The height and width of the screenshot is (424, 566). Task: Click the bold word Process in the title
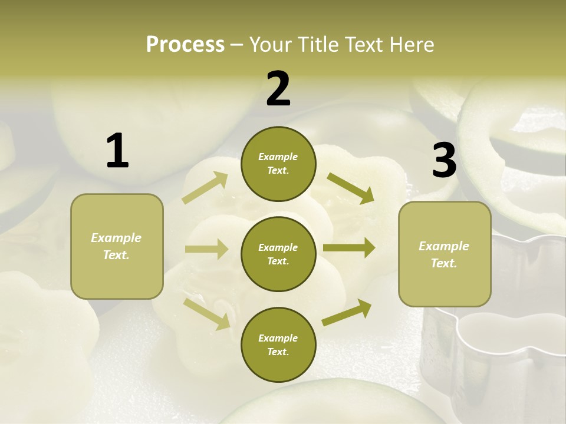pyautogui.click(x=185, y=45)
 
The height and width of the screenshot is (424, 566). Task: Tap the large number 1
pyautogui.click(x=117, y=151)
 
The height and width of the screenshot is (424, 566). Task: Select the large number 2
pyautogui.click(x=278, y=89)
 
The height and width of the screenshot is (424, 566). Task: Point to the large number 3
pyautogui.click(x=444, y=161)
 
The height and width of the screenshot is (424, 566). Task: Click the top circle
pyautogui.click(x=278, y=164)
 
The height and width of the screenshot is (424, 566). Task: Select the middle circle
pyautogui.click(x=278, y=254)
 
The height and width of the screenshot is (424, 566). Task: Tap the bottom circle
pyautogui.click(x=278, y=344)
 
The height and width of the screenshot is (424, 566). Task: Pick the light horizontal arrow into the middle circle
pyautogui.click(x=206, y=249)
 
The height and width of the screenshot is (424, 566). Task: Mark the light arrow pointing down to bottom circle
pyautogui.click(x=207, y=313)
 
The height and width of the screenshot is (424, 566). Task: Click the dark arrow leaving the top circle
pyautogui.click(x=350, y=188)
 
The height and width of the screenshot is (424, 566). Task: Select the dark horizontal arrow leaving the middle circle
pyautogui.click(x=349, y=248)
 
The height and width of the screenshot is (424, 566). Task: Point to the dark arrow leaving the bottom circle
pyautogui.click(x=347, y=313)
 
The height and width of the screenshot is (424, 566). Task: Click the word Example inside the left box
pyautogui.click(x=116, y=238)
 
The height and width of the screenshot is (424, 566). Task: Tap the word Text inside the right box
pyautogui.click(x=443, y=263)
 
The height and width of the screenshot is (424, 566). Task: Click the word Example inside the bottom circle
pyautogui.click(x=278, y=338)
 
